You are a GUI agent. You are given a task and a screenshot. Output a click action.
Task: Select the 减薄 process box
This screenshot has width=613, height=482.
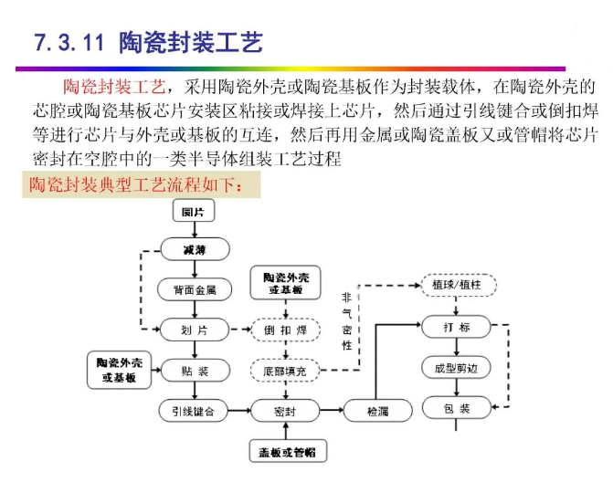pos(194,249)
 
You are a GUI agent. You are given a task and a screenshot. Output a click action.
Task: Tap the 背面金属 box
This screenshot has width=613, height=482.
pos(194,290)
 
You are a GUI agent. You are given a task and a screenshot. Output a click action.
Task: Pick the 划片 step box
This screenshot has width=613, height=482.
pos(194,330)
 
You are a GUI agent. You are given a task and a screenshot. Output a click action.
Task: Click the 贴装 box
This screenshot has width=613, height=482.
pos(194,371)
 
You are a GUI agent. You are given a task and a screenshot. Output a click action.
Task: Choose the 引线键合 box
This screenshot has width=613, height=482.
pos(194,411)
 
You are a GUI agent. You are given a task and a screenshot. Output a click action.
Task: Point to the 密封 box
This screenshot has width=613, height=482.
pos(286,411)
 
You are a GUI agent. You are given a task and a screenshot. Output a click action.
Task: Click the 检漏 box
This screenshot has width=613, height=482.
pos(378,411)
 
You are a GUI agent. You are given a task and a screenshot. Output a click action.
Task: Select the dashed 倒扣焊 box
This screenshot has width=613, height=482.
pos(286,330)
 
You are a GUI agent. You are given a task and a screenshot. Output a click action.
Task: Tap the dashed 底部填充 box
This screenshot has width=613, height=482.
pos(286,371)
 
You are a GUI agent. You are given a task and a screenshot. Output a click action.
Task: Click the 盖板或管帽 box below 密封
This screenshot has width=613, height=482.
pos(286,450)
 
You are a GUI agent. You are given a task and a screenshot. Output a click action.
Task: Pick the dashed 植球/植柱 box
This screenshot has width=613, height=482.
pos(457,286)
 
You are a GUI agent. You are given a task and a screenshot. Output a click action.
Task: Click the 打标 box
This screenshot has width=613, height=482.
pos(457,326)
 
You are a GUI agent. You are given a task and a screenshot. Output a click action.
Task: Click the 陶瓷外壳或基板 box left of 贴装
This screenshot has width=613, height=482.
pos(117,369)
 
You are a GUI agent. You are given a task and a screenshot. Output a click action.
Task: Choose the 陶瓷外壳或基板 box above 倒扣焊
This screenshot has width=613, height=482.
pos(286,283)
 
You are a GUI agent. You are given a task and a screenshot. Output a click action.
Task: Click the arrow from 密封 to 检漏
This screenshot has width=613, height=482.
pos(332,411)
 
